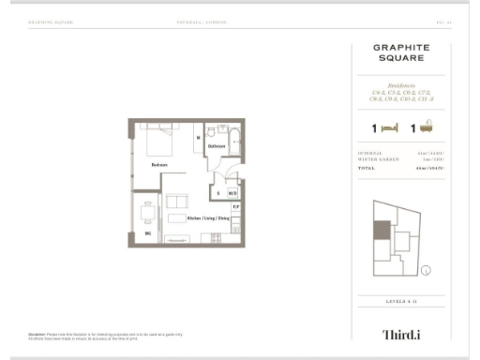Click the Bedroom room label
(158, 165)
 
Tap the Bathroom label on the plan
(217, 146)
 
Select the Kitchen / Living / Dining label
(207, 217)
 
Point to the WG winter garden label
(147, 232)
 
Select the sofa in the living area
(175, 204)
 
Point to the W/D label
(231, 193)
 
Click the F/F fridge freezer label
(236, 206)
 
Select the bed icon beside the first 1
(391, 127)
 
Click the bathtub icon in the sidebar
(426, 126)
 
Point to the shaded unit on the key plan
(382, 230)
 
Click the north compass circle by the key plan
(427, 272)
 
